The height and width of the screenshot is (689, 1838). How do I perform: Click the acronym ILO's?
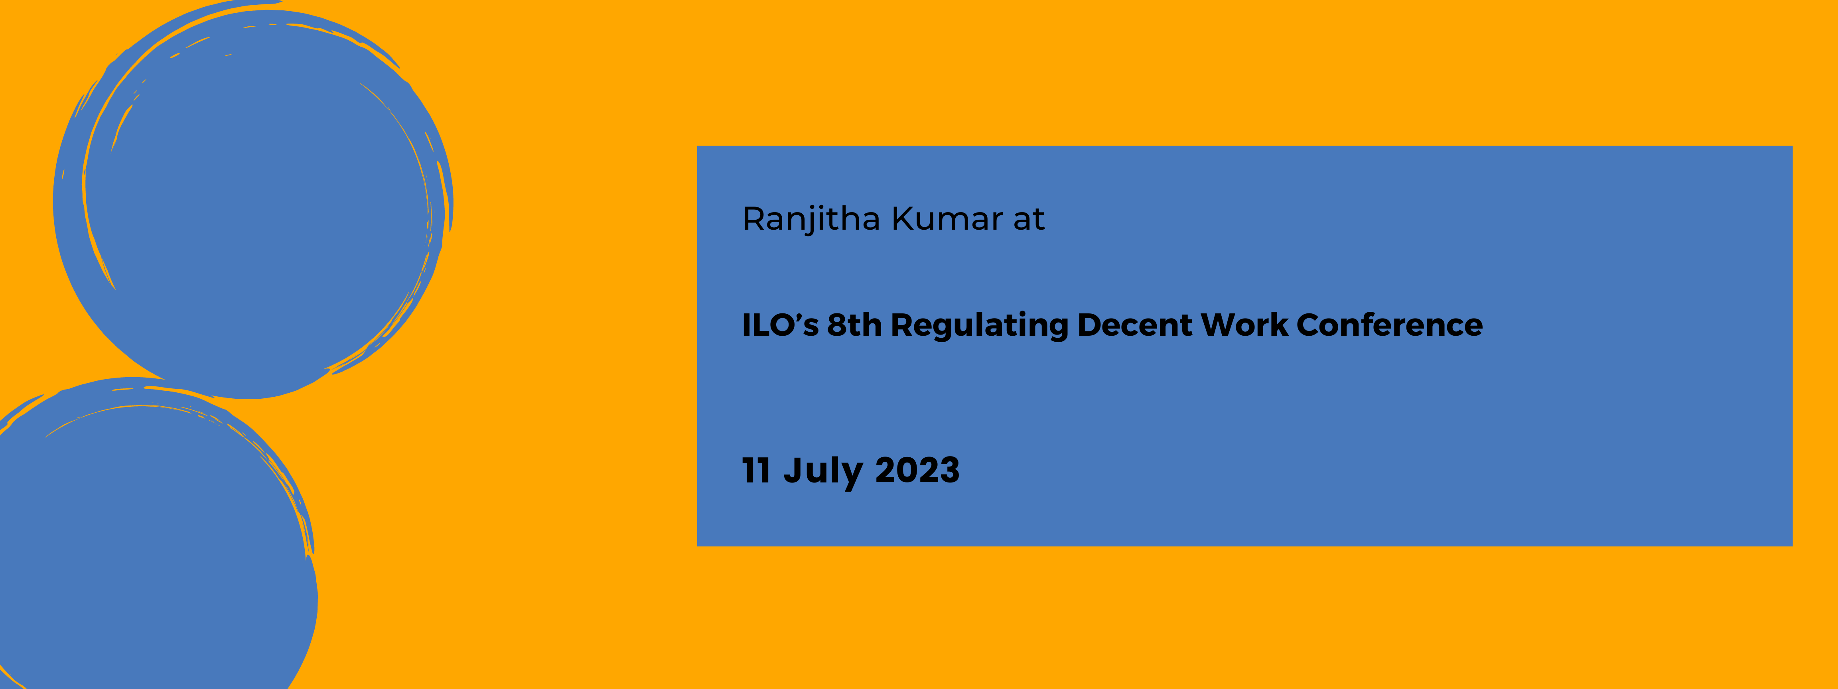pyautogui.click(x=780, y=325)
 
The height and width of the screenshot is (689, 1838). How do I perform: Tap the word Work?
pyautogui.click(x=1244, y=325)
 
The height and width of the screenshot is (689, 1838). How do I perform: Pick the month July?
pyautogui.click(x=823, y=472)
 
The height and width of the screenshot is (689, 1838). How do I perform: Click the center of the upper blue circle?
pyautogui.click(x=253, y=200)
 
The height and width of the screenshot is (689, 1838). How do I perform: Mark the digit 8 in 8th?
pyautogui.click(x=837, y=325)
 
